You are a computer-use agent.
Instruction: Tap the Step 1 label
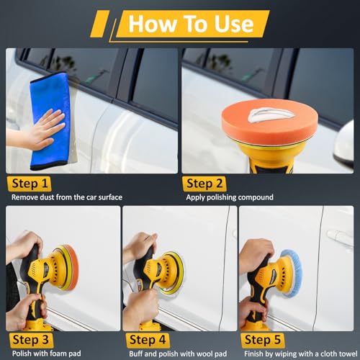click(30, 184)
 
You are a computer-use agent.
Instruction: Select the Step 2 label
click(204, 184)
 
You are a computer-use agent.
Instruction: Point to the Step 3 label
click(30, 341)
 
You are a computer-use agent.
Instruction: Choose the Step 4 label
click(148, 341)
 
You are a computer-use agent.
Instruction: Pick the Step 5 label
click(263, 341)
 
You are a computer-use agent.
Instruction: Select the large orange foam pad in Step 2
click(270, 121)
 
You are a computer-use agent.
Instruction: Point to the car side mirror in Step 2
click(343, 145)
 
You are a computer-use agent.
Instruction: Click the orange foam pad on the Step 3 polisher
click(71, 267)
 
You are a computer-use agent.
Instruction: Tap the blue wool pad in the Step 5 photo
click(293, 274)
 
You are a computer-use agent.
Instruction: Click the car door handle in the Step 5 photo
click(339, 235)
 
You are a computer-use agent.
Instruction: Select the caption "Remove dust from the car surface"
click(67, 197)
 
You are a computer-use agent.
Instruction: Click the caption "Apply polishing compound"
click(230, 197)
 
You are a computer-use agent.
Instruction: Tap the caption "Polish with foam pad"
click(47, 354)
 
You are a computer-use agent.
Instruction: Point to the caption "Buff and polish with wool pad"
click(178, 354)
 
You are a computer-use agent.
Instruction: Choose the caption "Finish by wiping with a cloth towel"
click(301, 354)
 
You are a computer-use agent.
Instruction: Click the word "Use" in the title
click(233, 24)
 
